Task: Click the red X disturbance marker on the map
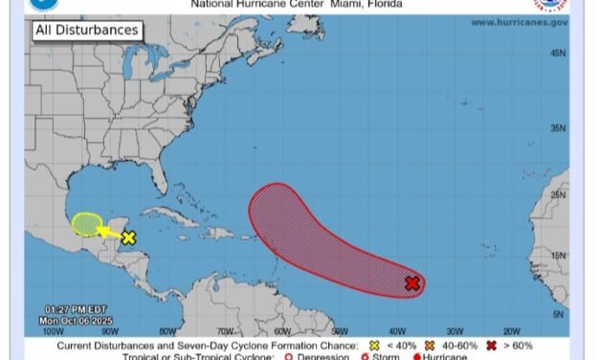(411, 283)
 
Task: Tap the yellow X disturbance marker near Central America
(128, 237)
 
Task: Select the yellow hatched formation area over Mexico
(87, 224)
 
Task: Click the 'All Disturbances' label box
(86, 31)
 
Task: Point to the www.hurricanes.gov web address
(520, 21)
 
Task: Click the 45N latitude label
(557, 54)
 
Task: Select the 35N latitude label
(557, 128)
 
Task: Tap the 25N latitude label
(557, 195)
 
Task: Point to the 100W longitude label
(41, 331)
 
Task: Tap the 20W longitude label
(512, 331)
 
